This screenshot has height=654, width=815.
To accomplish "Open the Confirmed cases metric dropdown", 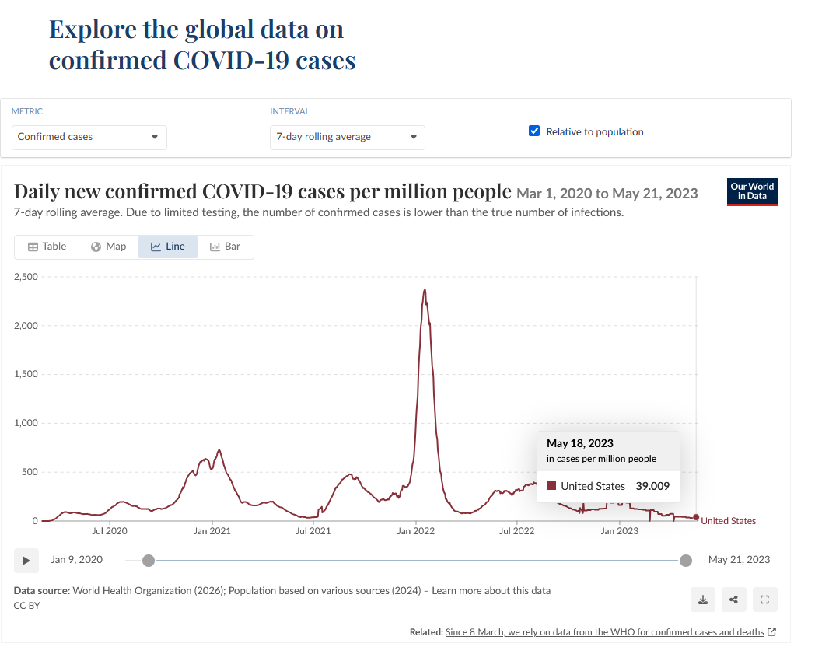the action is [x=89, y=137].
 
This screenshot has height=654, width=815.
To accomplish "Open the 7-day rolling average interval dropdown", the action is [x=347, y=137].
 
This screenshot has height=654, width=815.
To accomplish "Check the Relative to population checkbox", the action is [x=534, y=131].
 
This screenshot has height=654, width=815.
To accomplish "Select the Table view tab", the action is [x=47, y=247].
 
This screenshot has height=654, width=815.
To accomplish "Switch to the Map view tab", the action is [x=109, y=247].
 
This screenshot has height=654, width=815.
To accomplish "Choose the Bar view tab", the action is [x=225, y=247].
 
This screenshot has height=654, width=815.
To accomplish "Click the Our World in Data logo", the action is [x=752, y=192].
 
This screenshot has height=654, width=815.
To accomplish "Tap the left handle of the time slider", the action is [x=149, y=561].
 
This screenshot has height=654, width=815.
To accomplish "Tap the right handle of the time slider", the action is [x=686, y=561].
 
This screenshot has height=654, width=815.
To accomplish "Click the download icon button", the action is [x=703, y=600].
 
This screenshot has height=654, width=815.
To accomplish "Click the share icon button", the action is [x=733, y=600].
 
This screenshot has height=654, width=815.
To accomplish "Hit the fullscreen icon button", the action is [x=764, y=600].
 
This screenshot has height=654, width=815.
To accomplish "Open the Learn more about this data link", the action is [x=491, y=590].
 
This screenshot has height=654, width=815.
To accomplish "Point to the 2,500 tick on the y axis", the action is [x=26, y=277].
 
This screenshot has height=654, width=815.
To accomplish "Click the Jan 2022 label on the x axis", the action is [x=416, y=531].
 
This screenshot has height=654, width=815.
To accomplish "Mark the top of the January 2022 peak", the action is [x=425, y=289].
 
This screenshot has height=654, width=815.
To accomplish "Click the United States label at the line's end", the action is [x=728, y=521].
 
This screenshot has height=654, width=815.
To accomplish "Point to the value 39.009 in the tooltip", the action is [x=652, y=486].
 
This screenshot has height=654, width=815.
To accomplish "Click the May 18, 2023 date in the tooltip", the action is [x=580, y=443].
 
